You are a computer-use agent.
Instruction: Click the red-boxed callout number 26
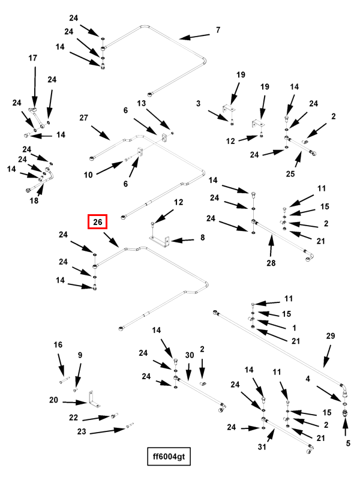point(97,222)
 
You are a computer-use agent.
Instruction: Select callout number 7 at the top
point(218,30)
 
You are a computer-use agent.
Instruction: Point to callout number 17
point(33,58)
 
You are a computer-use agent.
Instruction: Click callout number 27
point(84,119)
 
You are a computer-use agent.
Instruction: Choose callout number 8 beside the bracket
point(202,238)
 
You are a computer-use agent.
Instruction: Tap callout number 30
point(190,355)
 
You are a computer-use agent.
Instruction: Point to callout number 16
point(58,345)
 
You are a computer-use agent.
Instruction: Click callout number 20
point(53,400)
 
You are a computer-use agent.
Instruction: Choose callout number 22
point(73,417)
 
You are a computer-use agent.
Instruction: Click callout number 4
point(308,379)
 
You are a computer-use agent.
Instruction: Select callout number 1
point(294,328)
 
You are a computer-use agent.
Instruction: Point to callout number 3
point(198,104)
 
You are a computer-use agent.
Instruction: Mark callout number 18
point(34,200)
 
